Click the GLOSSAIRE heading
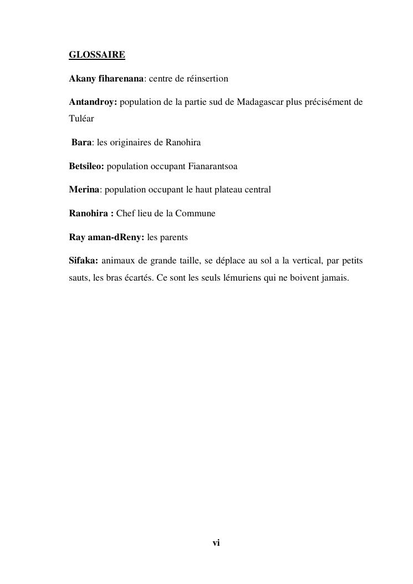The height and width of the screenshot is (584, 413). click(96, 55)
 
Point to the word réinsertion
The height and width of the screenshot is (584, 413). click(207, 79)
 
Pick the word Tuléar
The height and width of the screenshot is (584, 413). click(81, 118)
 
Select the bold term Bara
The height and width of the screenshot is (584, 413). click(81, 143)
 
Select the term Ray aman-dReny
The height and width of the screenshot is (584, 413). click(106, 237)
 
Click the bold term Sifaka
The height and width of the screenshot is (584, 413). click(83, 261)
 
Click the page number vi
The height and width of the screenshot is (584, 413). click(216, 543)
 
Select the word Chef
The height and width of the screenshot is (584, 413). click(125, 214)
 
